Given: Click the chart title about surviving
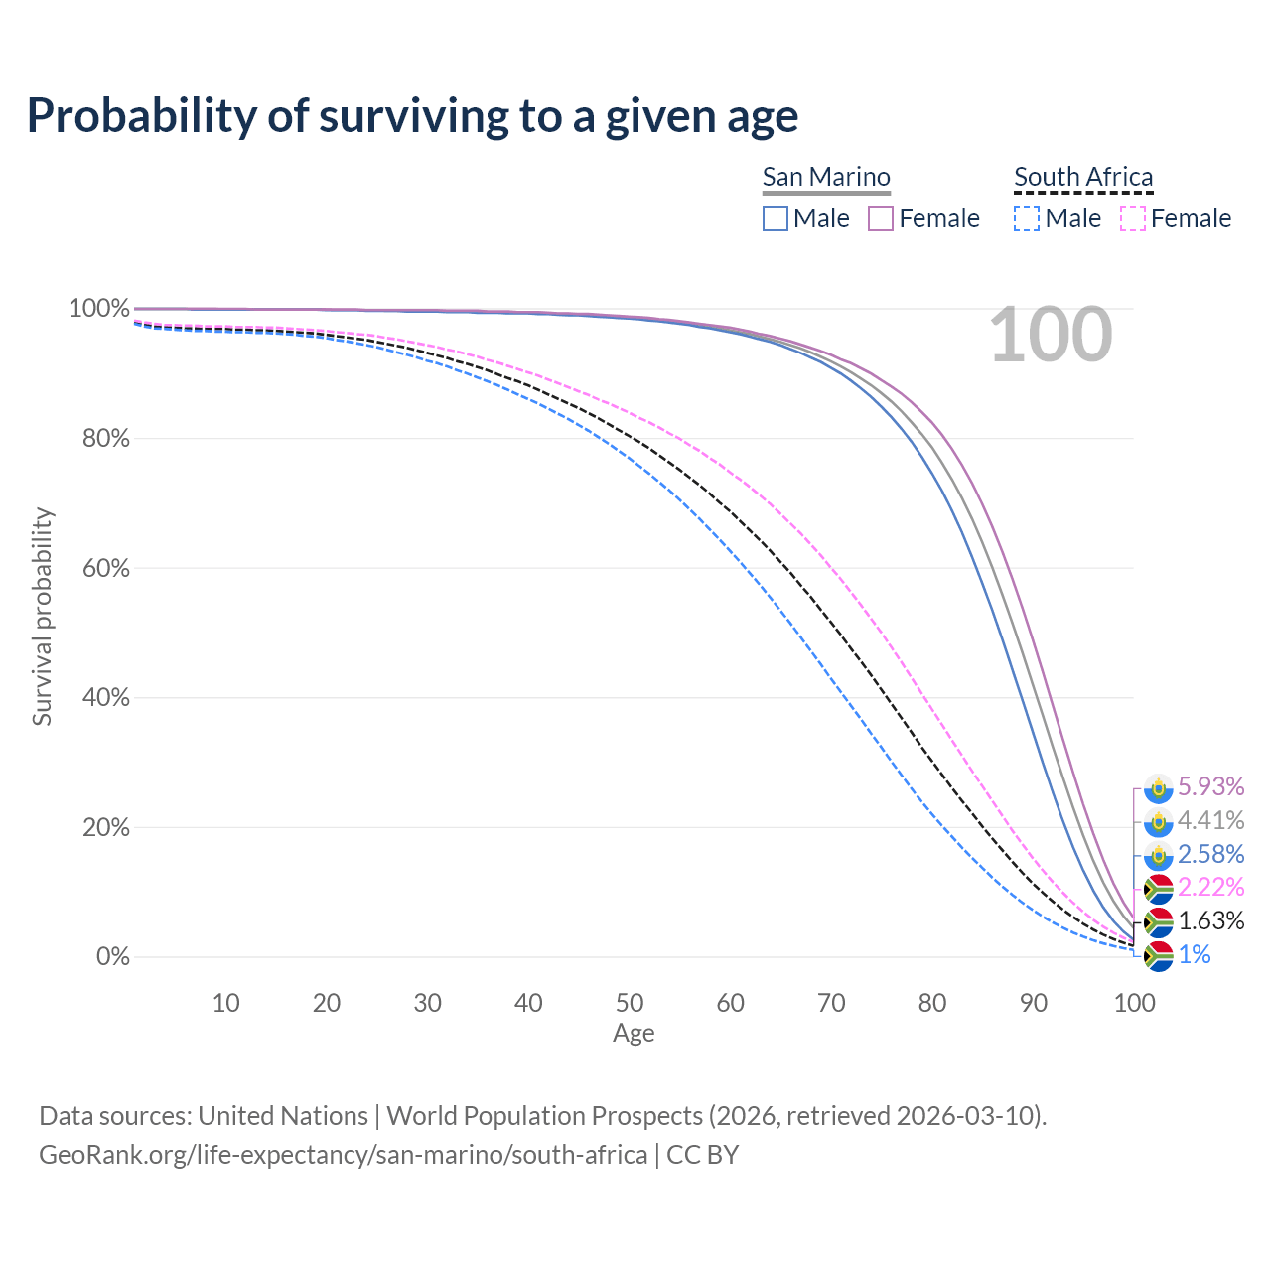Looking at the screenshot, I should coord(412,116).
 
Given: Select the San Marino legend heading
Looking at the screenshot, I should coord(826,177).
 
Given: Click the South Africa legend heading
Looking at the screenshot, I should coord(1083,177).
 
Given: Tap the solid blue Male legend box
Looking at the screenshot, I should coord(776,218).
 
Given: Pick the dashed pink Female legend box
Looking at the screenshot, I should coord(1132,218).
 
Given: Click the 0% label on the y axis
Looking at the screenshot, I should coord(112,957).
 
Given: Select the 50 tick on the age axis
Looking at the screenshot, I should coord(630,1003).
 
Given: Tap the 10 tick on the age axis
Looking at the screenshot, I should coord(225,1003).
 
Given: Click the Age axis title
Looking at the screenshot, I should coord(634,1034).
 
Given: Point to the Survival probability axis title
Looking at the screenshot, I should coord(42,617).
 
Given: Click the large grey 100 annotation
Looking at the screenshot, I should coord(1051,336).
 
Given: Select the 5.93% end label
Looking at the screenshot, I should coord(1210,787).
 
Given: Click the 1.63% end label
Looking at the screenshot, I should coord(1210,921).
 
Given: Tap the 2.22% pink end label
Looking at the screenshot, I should coord(1210,888).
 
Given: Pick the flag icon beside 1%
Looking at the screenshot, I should coord(1158,956).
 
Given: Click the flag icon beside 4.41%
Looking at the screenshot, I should coord(1158,822).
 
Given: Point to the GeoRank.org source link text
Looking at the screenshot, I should coord(343,1155).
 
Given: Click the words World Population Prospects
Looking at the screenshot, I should coord(544,1116).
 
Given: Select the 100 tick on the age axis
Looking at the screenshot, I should coord(1134,1003).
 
